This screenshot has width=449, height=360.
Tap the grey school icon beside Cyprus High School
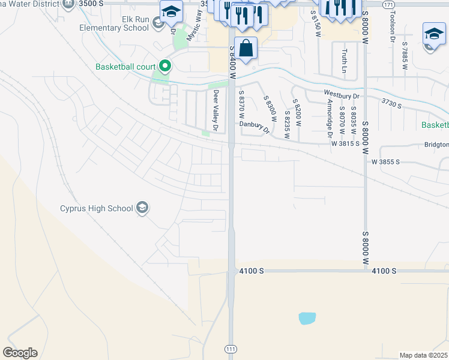pyautogui.click(x=142, y=208)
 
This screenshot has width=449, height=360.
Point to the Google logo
pyautogui.click(x=19, y=353)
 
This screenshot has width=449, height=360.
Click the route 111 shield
pyautogui.click(x=231, y=349)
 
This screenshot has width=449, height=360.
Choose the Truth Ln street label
pyautogui.click(x=345, y=61)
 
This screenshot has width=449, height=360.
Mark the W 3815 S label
pyautogui.click(x=345, y=143)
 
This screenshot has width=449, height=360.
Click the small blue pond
pyautogui.click(x=306, y=318)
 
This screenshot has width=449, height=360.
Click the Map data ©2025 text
pyautogui.click(x=423, y=355)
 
